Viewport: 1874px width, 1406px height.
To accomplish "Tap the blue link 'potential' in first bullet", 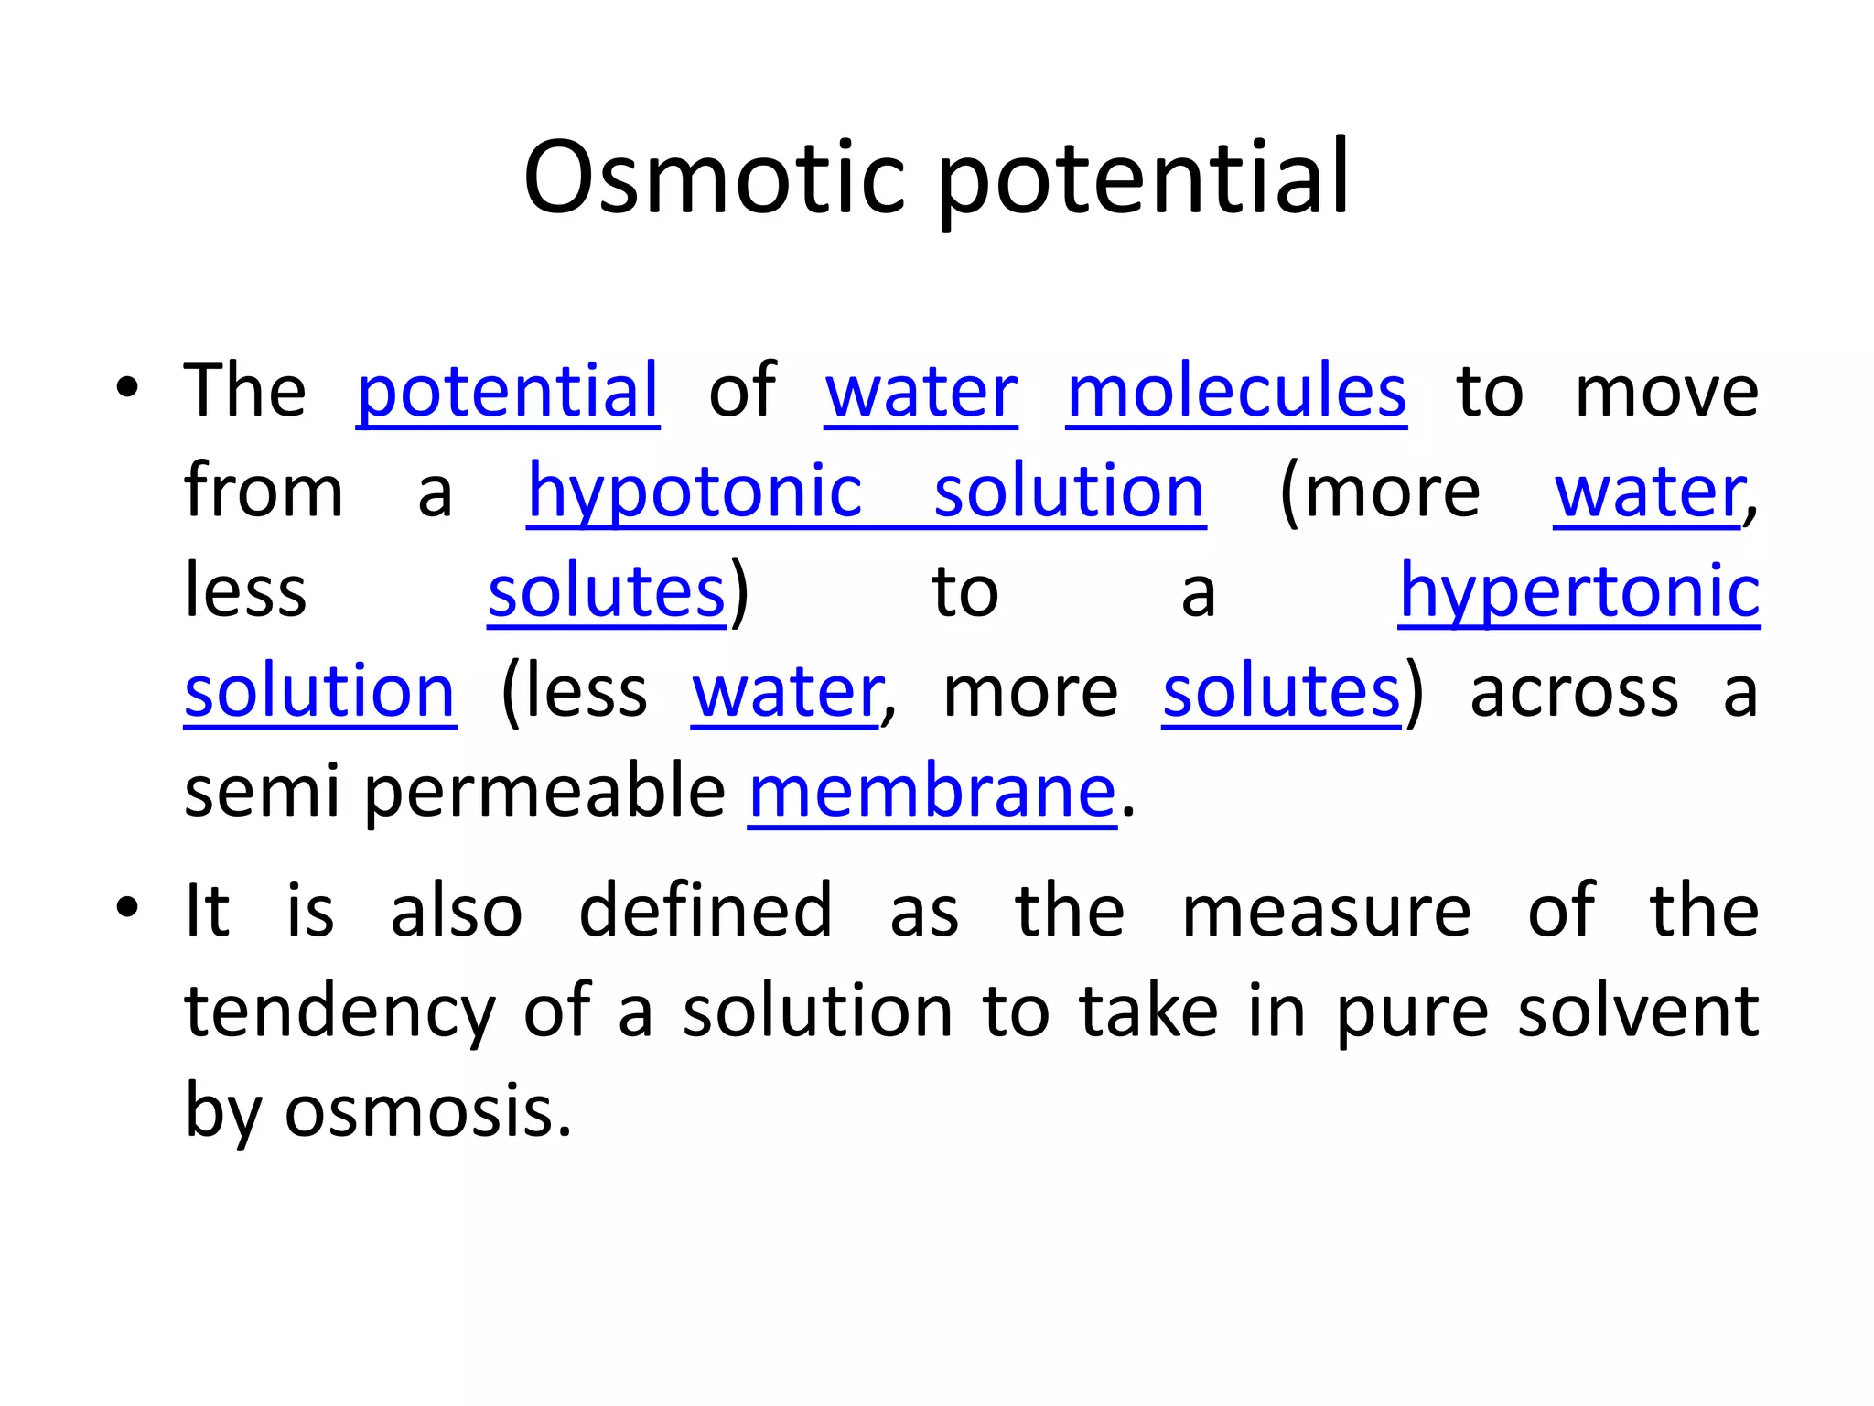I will coord(507,392).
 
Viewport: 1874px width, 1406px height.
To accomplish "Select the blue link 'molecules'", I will coord(1236,392).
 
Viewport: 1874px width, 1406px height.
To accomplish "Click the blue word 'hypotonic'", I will coord(695,492).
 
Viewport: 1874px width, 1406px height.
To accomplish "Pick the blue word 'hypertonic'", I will coord(1578,591).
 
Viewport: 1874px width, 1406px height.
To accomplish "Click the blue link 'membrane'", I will coord(932,791).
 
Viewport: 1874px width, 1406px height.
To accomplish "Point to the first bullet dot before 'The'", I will coord(127,388).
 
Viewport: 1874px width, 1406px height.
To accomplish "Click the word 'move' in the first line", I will coord(1665,392).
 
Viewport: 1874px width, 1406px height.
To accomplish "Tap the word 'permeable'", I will coord(544,791).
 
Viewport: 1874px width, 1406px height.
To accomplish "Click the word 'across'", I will coord(1574,692).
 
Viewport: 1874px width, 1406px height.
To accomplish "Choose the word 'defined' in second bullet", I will coord(705,911).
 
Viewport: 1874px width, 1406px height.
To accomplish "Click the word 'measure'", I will coord(1326,911).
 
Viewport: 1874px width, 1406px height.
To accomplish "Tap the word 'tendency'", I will coord(339,1012).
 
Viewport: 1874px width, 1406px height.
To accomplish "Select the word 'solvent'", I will coord(1638,1011).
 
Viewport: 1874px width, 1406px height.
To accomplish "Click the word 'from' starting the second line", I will coord(264,492).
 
